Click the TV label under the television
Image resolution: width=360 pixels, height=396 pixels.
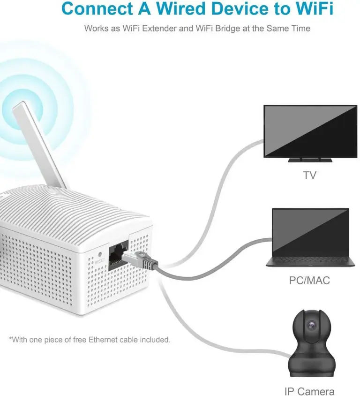309,175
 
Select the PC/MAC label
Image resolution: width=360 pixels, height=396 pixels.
309,280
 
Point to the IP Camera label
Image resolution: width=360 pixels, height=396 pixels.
309,391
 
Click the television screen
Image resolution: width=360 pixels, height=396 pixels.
310,131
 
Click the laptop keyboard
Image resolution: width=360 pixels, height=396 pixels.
311,260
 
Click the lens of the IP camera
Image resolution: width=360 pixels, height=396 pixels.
312,325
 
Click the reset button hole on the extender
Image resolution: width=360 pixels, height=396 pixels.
100,254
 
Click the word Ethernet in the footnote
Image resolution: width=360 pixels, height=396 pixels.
103,340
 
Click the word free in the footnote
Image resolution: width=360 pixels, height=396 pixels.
80,340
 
